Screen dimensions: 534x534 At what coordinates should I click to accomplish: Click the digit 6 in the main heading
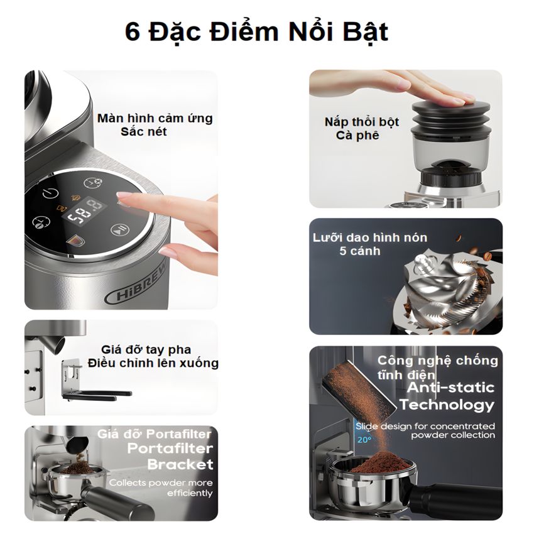[133, 32]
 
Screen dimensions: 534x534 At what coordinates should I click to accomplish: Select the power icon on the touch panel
[50, 194]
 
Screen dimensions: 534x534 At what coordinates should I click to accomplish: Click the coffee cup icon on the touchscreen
[75, 241]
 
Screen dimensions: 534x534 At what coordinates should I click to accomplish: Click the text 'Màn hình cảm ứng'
[155, 119]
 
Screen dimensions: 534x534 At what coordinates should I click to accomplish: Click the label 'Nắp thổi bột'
[362, 122]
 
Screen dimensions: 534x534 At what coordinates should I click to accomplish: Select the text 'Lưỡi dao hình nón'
[370, 237]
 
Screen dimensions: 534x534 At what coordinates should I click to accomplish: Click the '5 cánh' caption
[360, 251]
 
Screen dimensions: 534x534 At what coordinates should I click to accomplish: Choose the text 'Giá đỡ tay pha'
[146, 350]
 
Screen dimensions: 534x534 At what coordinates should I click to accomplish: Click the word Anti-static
[450, 388]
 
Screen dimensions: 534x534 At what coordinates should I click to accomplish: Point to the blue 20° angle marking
[364, 440]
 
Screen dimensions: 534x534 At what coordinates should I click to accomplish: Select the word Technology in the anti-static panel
[447, 405]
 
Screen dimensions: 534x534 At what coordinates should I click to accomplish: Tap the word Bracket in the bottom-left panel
[180, 464]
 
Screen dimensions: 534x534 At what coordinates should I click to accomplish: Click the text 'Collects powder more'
[161, 482]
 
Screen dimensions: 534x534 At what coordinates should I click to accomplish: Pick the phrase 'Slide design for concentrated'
[425, 426]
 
